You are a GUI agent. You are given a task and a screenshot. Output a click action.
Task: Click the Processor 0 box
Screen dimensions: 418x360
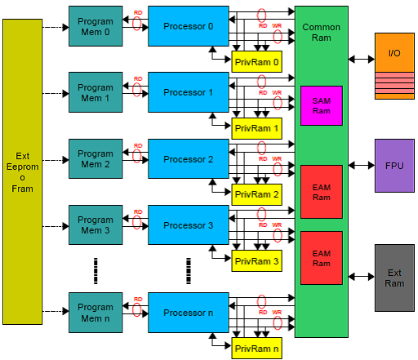[x=189, y=26]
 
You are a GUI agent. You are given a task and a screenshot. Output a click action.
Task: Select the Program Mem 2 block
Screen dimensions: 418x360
[x=96, y=159]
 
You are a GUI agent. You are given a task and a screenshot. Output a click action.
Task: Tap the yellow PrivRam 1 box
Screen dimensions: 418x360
[x=256, y=128]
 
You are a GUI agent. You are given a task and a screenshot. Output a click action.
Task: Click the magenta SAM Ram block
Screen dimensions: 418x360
[x=322, y=105]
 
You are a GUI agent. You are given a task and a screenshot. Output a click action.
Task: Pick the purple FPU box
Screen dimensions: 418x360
[x=394, y=166]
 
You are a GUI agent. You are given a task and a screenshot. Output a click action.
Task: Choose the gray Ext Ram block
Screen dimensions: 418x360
[x=394, y=278]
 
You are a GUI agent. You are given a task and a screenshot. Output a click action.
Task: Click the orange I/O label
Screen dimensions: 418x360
[x=394, y=53]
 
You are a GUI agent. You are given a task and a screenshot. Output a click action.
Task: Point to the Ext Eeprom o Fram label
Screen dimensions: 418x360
[x=22, y=172]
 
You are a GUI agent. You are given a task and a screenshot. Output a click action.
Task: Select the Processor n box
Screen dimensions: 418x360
[x=189, y=313]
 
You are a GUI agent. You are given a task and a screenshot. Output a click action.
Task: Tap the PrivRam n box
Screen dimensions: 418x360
[x=256, y=349]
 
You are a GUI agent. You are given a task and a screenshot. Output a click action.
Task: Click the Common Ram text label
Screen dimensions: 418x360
[x=322, y=33]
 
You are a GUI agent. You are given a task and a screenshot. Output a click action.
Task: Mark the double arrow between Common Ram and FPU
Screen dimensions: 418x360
[x=362, y=165]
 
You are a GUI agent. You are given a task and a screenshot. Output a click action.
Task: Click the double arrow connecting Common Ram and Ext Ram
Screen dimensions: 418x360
[x=362, y=277]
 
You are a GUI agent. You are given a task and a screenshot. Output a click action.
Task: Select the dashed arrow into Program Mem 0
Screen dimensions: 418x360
[x=56, y=27]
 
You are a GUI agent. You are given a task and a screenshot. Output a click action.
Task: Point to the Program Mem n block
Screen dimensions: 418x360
[x=96, y=313]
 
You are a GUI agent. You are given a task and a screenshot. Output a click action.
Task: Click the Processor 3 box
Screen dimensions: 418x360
[x=189, y=225]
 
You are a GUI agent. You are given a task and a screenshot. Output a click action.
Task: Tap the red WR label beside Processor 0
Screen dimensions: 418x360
[x=277, y=26]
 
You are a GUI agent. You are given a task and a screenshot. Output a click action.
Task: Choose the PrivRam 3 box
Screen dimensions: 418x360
[x=256, y=261]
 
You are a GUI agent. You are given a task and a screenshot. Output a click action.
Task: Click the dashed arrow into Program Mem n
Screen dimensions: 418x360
[x=56, y=311]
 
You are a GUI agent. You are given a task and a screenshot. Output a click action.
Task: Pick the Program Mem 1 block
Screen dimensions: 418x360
[x=96, y=92]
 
